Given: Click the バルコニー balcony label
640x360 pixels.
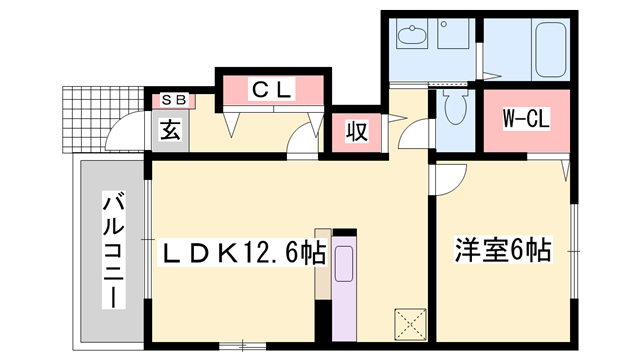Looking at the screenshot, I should coord(113,253).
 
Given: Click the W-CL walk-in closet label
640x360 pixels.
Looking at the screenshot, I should coord(525,120).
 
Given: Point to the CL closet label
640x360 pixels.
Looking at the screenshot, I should coord(271,90).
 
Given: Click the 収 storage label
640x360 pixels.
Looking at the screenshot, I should coord(355,131).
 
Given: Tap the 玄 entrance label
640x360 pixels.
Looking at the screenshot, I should coord(170,130).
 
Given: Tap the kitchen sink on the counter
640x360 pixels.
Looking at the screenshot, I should coord(344,265).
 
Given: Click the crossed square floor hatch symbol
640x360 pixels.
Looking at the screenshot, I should coord(409,321).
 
